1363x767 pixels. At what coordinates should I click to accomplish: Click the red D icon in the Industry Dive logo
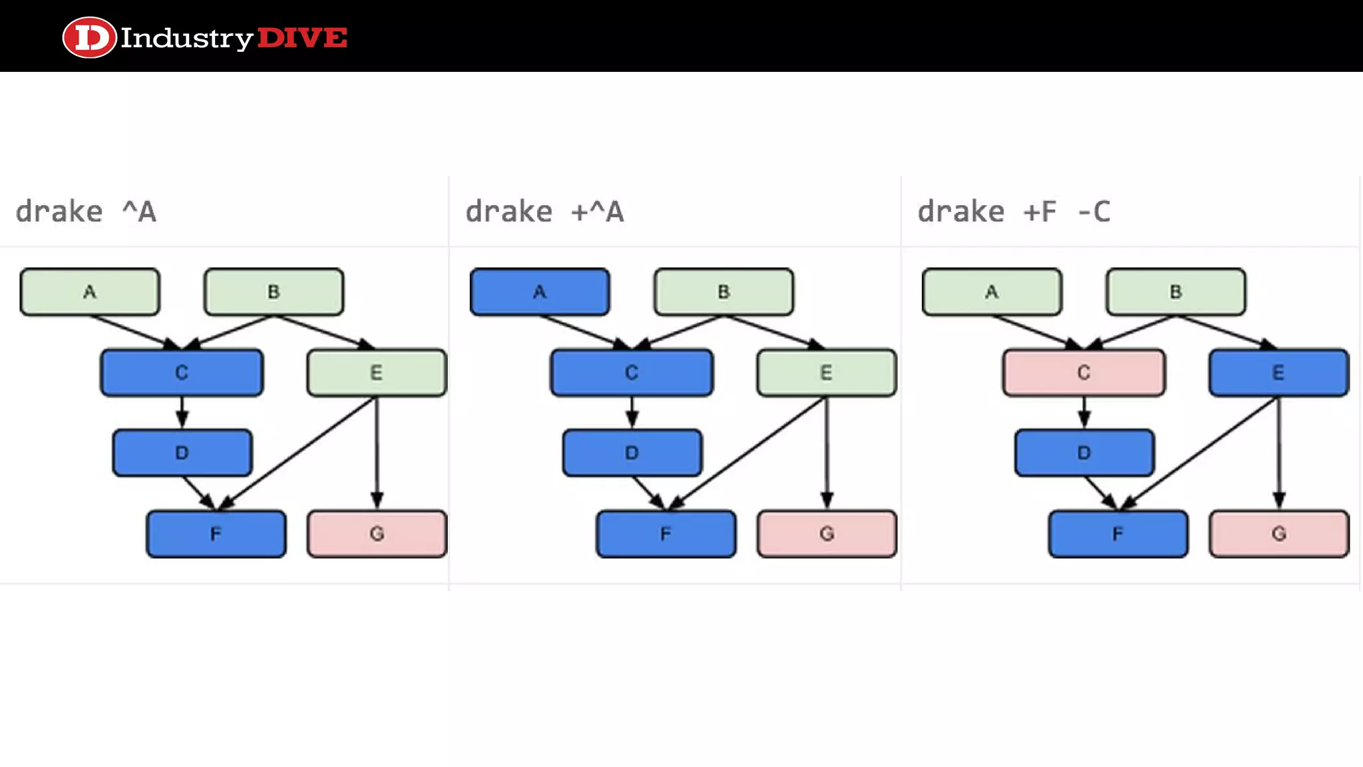[89, 37]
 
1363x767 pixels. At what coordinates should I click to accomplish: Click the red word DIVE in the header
[302, 38]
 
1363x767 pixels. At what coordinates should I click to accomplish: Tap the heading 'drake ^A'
[86, 212]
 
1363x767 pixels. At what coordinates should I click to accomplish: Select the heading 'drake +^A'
[544, 212]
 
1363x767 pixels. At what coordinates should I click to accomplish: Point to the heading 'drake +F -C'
[1014, 212]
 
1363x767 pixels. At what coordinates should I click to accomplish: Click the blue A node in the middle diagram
[540, 292]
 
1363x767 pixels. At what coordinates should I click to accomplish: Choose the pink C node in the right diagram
[1083, 372]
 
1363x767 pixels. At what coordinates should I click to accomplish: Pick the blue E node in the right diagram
[1278, 372]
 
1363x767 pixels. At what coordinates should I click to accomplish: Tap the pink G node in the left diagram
[377, 533]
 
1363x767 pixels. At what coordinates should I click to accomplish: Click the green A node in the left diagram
[90, 292]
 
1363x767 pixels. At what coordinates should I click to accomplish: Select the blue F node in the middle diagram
[666, 533]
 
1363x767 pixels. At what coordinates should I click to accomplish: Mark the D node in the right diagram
[1084, 453]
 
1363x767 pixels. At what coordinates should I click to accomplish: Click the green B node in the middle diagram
[723, 292]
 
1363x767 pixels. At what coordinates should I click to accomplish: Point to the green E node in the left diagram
[377, 372]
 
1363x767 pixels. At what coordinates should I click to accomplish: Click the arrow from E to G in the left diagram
[377, 453]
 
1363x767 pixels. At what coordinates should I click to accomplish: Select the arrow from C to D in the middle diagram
[632, 412]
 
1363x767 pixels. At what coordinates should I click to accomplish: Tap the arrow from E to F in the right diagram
[1198, 453]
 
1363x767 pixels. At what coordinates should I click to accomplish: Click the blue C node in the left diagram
[182, 372]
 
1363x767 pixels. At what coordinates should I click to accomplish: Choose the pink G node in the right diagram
[1278, 533]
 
